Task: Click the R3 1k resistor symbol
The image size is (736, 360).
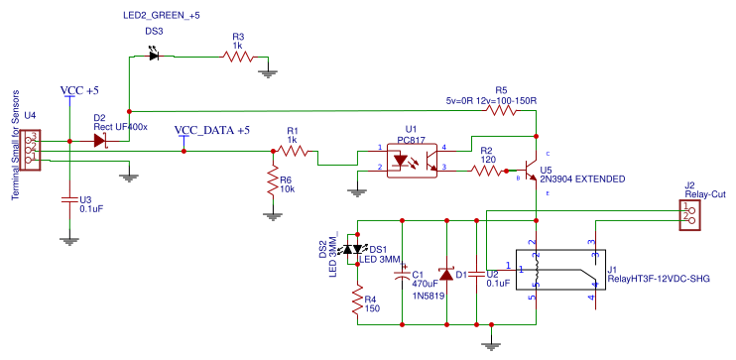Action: (239, 58)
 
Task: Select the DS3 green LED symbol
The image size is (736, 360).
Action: (154, 57)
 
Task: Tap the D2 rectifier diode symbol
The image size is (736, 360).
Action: (100, 141)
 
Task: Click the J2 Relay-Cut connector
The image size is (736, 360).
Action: (687, 217)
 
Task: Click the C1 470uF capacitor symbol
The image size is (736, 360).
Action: (403, 277)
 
